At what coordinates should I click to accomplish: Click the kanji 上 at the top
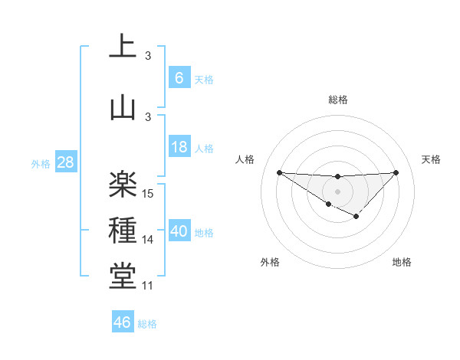(123, 46)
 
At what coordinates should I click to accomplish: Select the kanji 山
(123, 106)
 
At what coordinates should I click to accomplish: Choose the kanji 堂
(123, 277)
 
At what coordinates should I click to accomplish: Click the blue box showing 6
(179, 78)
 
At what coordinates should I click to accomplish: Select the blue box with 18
(179, 148)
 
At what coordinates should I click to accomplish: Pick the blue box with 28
(65, 162)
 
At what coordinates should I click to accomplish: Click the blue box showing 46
(123, 322)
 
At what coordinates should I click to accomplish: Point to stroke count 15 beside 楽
(149, 194)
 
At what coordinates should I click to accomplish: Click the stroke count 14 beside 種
(149, 240)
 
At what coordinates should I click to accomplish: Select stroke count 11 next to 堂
(149, 286)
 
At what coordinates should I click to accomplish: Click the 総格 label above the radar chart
(337, 100)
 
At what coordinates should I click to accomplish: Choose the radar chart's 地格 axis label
(402, 263)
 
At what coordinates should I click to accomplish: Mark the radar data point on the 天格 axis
(396, 172)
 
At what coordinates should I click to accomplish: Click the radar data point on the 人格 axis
(279, 172)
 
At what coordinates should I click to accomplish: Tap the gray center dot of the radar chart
(337, 191)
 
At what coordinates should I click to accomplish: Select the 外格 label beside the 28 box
(41, 163)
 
